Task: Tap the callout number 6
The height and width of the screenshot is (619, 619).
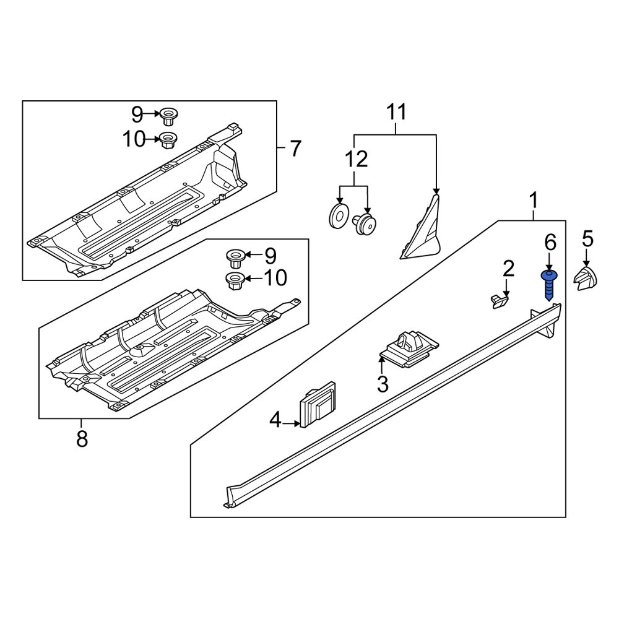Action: pyautogui.click(x=550, y=242)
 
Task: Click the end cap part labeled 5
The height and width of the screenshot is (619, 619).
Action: pyautogui.click(x=585, y=279)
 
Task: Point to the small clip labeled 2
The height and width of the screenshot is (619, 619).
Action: pyautogui.click(x=499, y=301)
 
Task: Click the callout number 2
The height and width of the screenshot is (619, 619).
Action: pyautogui.click(x=508, y=269)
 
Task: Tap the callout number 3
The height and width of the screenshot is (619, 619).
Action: pyautogui.click(x=383, y=384)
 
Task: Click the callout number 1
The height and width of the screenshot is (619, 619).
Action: pyautogui.click(x=533, y=201)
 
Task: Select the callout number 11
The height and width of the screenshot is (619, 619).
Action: pyautogui.click(x=397, y=113)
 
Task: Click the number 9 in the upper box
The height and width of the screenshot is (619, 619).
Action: pyautogui.click(x=137, y=114)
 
